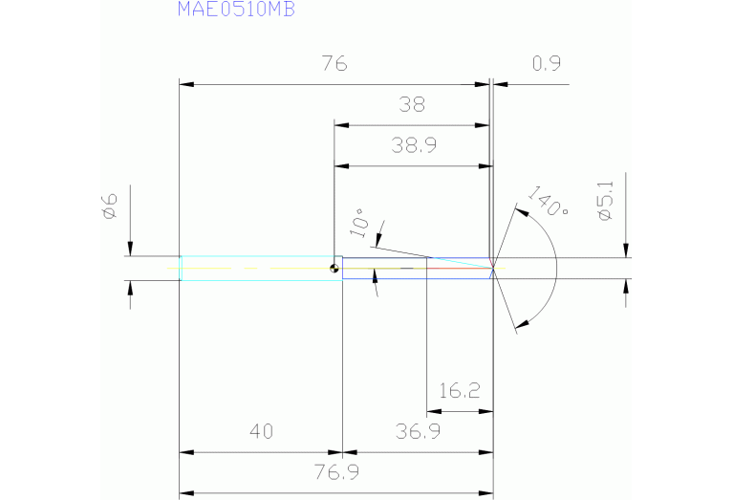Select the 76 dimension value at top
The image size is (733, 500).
[x=334, y=64]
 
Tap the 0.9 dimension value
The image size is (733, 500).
[x=546, y=64]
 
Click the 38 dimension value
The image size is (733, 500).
[x=412, y=104]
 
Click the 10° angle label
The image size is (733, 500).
[x=359, y=222]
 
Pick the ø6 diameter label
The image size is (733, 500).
[x=109, y=205]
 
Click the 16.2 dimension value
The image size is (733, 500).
[x=460, y=390]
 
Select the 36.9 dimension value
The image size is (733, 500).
[x=418, y=431]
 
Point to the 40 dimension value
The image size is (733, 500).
[x=261, y=431]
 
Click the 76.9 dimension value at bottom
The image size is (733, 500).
[x=336, y=472]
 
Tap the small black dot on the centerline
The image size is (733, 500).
[x=334, y=269]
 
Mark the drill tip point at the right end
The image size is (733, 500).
[x=493, y=269]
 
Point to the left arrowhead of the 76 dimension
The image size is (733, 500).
[x=186, y=85]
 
